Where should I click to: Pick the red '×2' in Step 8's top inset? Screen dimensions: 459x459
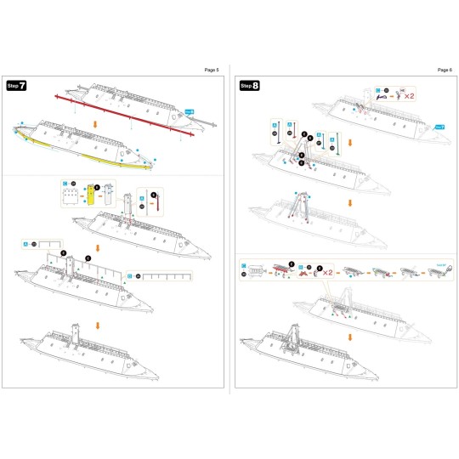pyautogui.click(x=409, y=96)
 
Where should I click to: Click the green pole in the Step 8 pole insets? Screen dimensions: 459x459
pyautogui.click(x=341, y=141)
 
